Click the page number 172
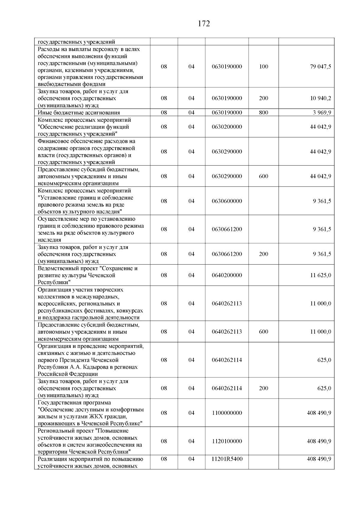click(x=204, y=24)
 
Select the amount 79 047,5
click(x=320, y=67)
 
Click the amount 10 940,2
click(x=320, y=98)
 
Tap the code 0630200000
click(x=227, y=127)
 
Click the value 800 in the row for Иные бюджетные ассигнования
click(x=263, y=113)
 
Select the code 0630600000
click(x=227, y=201)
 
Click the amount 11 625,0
click(x=320, y=275)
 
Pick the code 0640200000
click(x=227, y=275)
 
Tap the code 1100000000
click(x=227, y=413)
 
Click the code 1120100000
click(x=227, y=441)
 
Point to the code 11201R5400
click(x=227, y=459)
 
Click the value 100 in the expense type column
click(x=263, y=67)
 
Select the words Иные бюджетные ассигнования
click(x=79, y=113)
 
